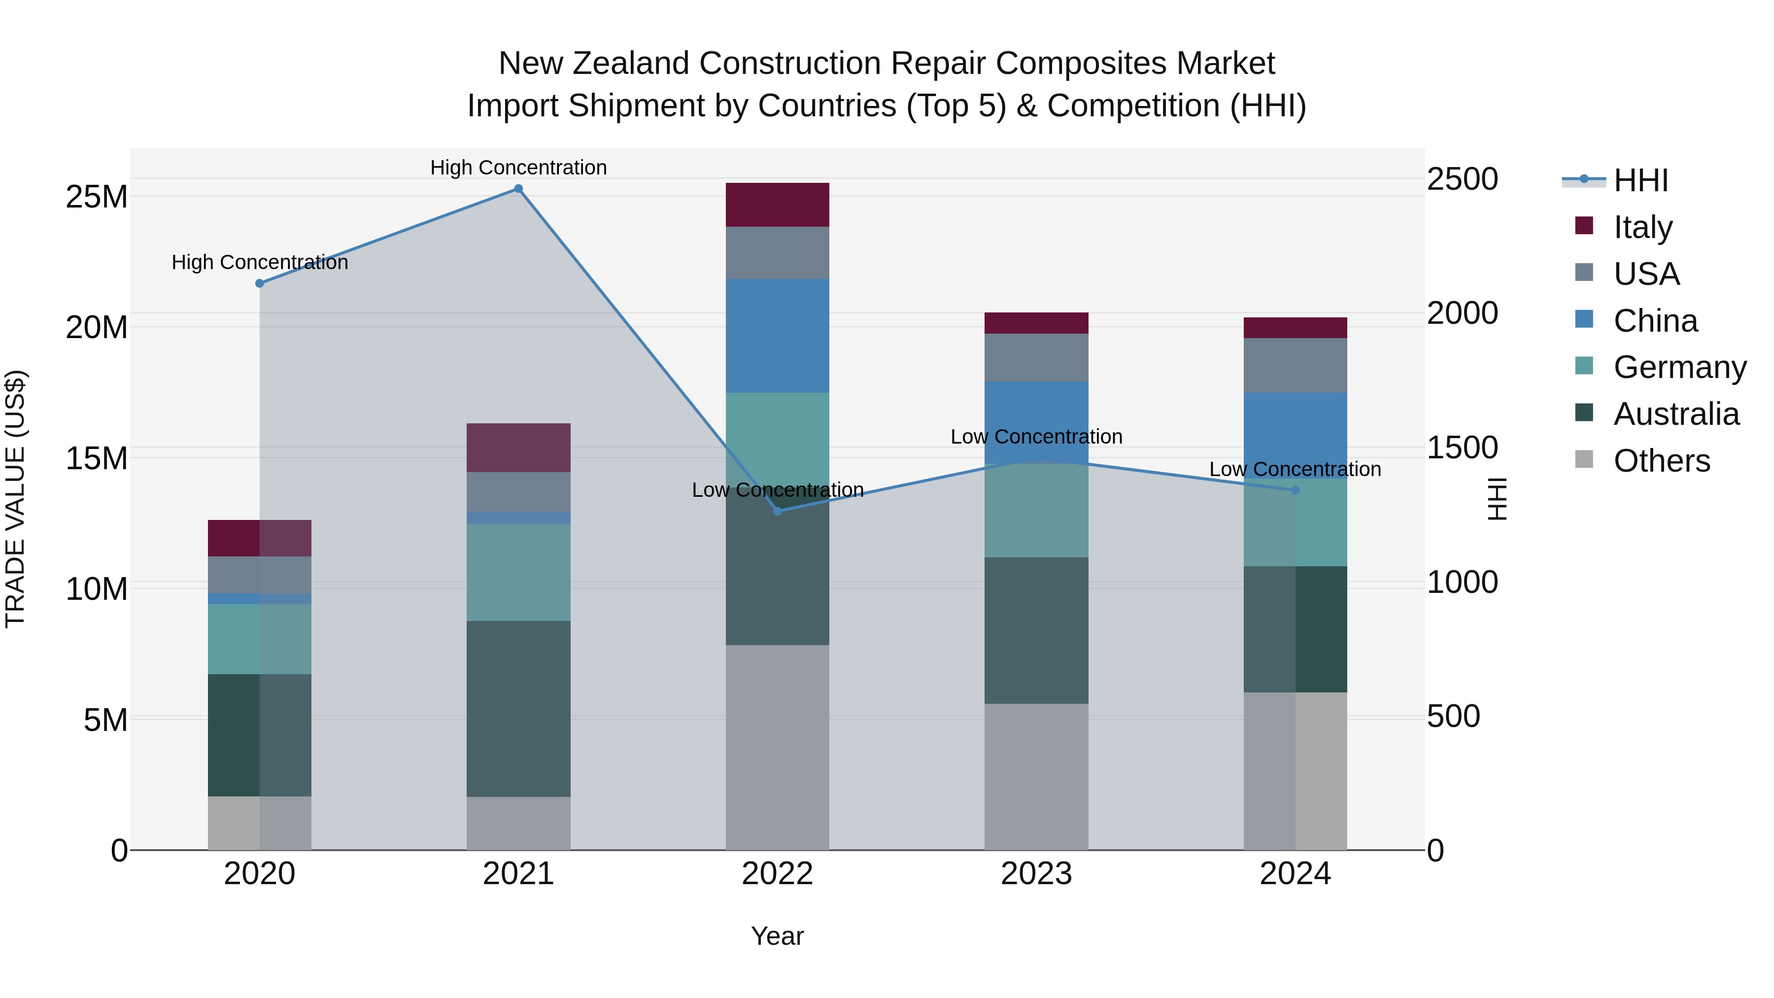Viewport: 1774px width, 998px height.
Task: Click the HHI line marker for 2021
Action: pyautogui.click(x=518, y=189)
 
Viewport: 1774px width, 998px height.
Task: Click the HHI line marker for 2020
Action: pyautogui.click(x=260, y=283)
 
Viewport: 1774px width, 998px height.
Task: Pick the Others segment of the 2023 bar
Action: pyautogui.click(x=1036, y=776)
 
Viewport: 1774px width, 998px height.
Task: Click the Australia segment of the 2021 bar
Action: pyautogui.click(x=518, y=709)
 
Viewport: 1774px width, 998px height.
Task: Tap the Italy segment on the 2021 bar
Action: pyautogui.click(x=518, y=447)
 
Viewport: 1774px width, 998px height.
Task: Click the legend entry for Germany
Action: pyautogui.click(x=1679, y=367)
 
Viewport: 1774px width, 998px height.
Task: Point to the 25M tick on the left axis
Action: pyautogui.click(x=97, y=197)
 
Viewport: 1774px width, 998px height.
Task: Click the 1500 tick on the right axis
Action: pyautogui.click(x=1462, y=447)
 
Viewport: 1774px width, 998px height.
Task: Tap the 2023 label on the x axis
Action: pyautogui.click(x=1036, y=874)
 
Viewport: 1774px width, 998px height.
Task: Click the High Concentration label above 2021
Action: pyautogui.click(x=518, y=168)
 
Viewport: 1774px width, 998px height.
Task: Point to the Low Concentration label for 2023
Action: pyautogui.click(x=1036, y=437)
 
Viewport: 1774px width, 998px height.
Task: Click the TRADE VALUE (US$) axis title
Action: pyautogui.click(x=15, y=499)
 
